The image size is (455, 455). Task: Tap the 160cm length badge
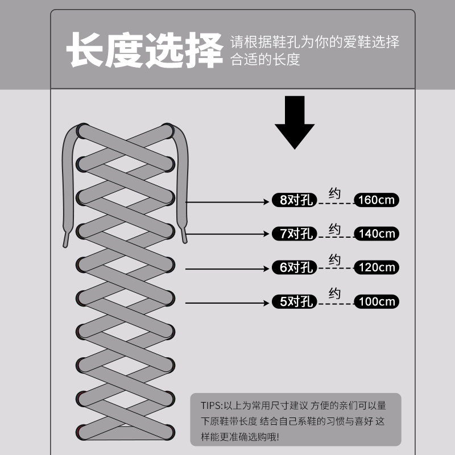tap(377, 200)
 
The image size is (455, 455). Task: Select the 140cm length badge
tap(377, 234)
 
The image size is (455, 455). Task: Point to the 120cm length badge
tap(377, 267)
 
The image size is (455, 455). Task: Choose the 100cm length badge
tap(377, 301)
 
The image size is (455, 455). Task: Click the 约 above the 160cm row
tap(334, 193)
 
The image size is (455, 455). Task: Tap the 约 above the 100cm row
tap(334, 294)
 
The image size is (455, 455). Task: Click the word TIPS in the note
tap(212, 406)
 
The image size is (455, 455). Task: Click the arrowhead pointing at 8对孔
tap(266, 201)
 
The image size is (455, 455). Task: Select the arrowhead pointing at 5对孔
tap(266, 303)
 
